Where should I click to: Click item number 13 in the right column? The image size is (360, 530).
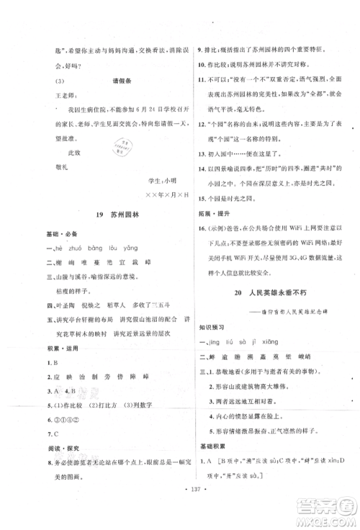(x=201, y=153)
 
